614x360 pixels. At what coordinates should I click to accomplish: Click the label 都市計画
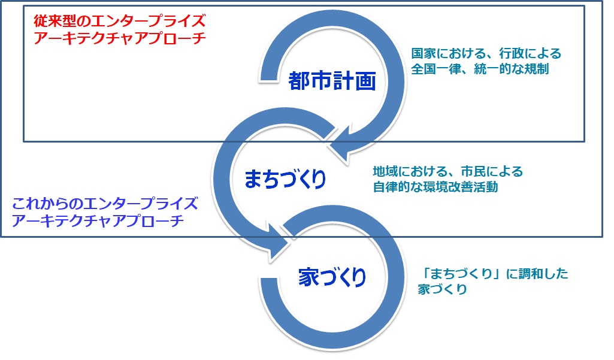(331, 80)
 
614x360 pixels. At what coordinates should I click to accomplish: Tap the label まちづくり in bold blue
(285, 179)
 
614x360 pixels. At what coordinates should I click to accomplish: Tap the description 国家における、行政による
(486, 53)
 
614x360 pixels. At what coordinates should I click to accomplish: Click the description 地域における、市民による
(447, 172)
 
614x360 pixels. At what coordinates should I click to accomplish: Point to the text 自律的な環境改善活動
(435, 187)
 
